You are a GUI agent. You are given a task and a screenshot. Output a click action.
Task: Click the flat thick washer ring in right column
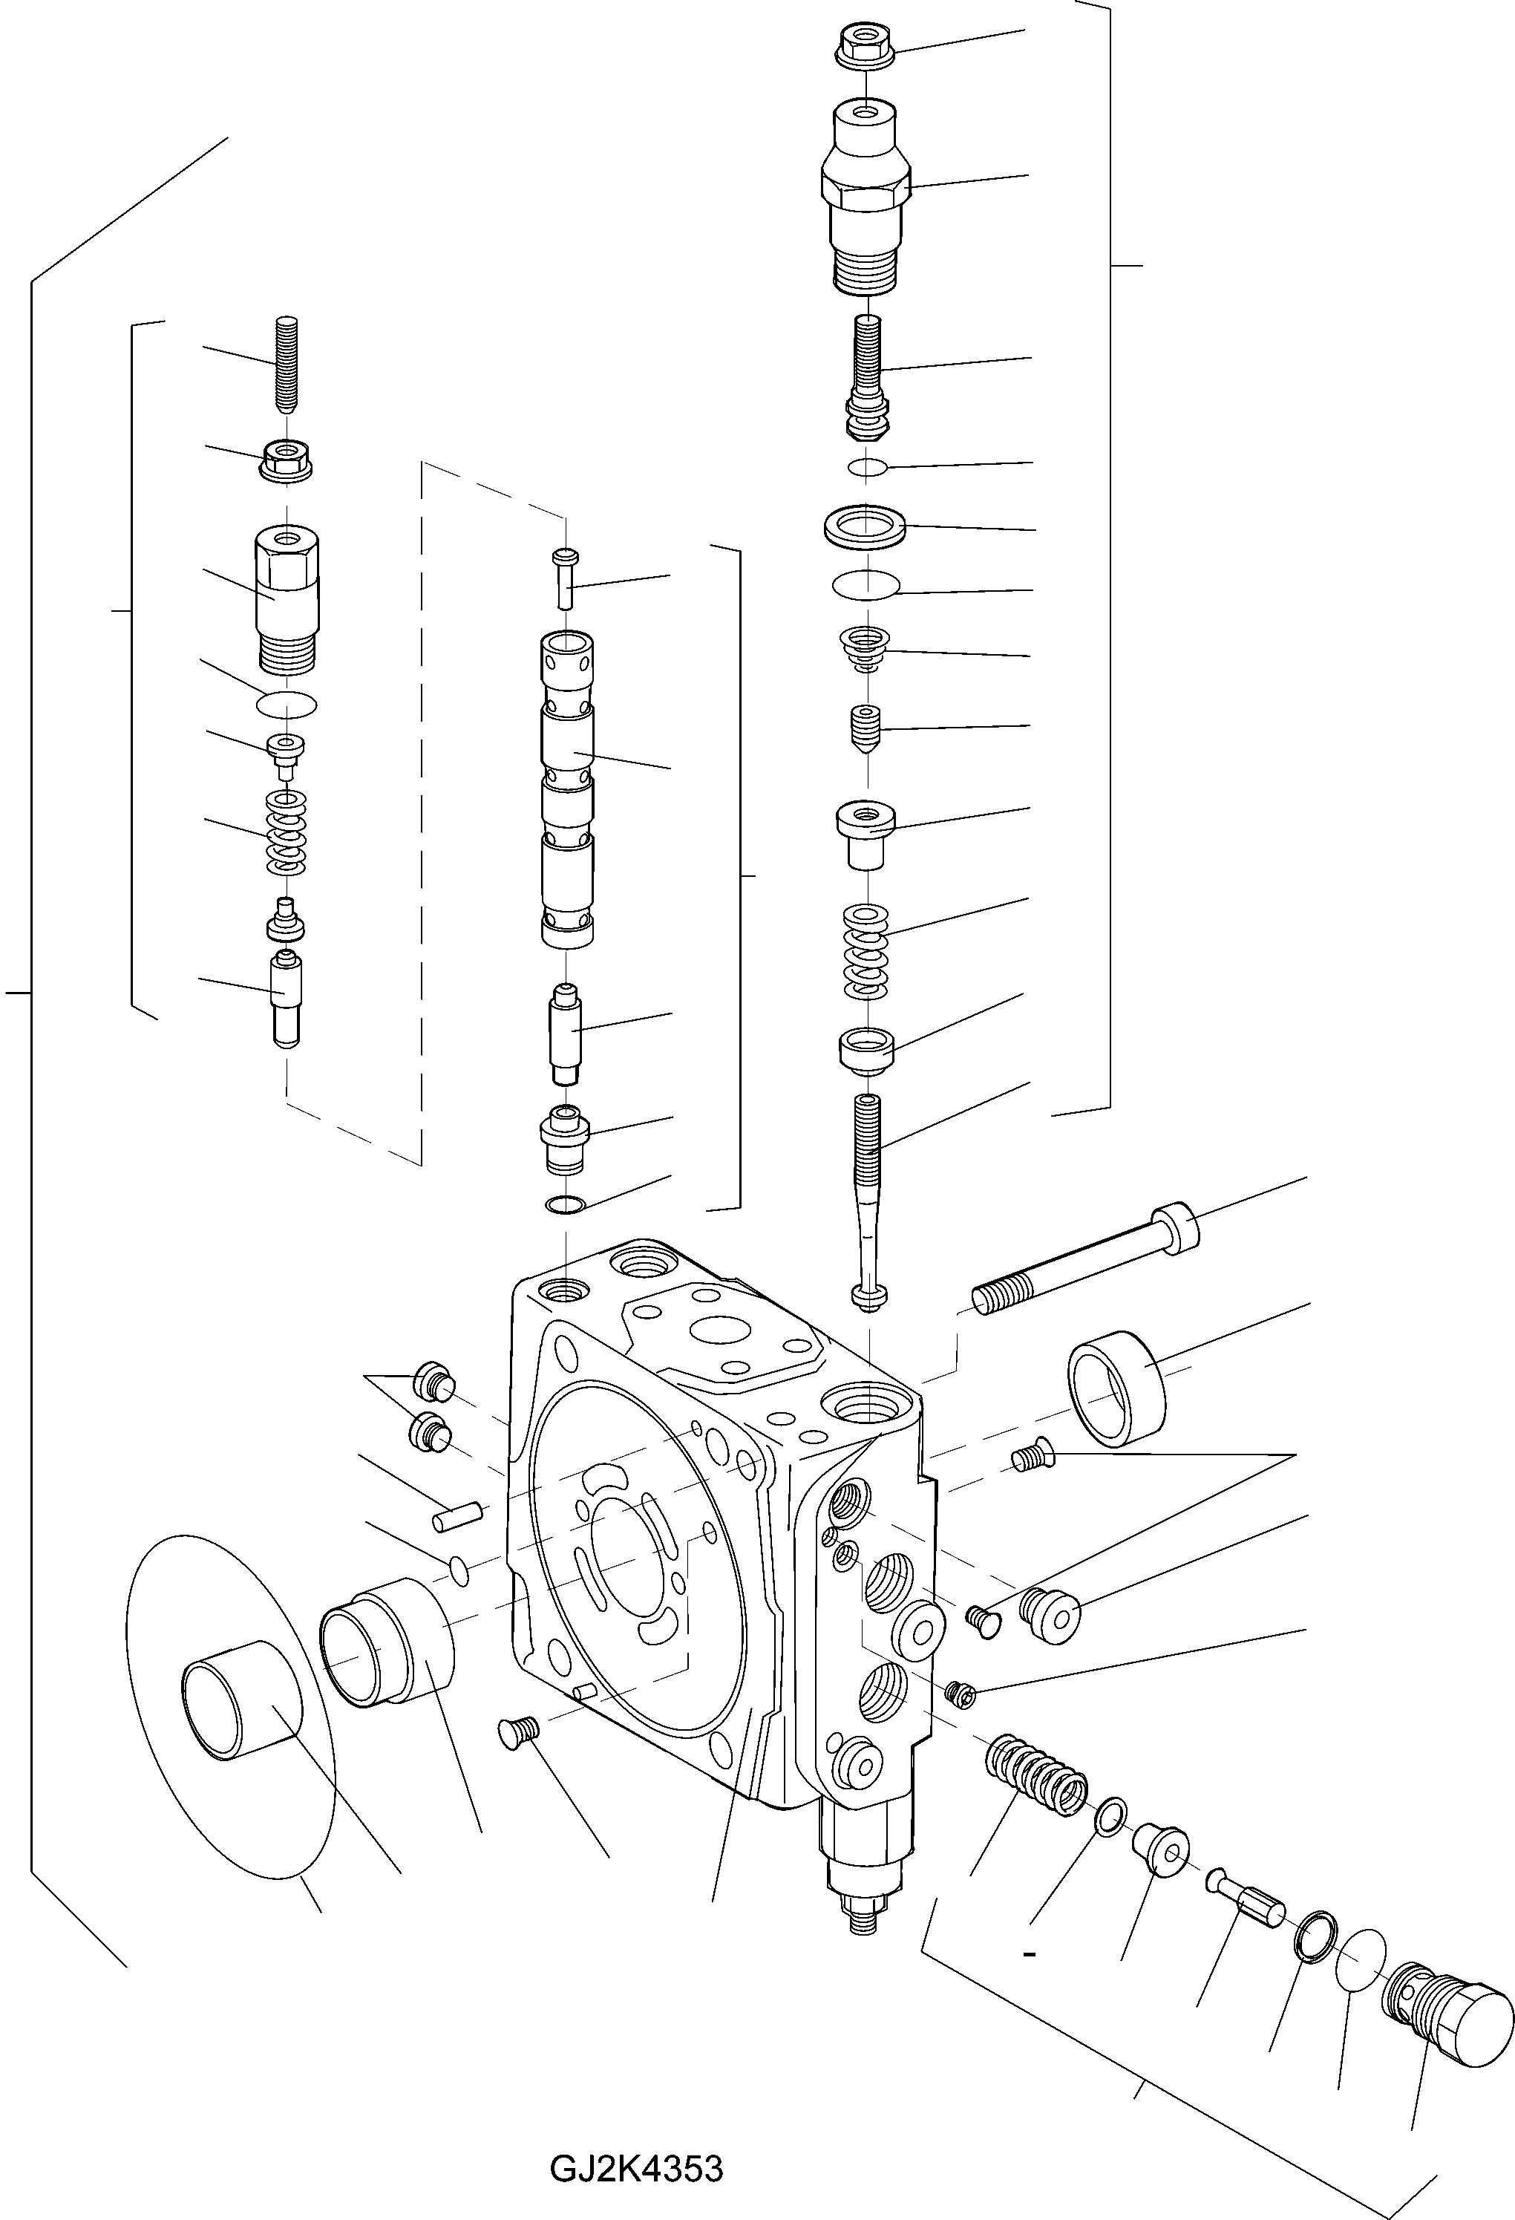(x=865, y=526)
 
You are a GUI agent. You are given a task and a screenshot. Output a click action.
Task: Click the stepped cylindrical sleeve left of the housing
(x=387, y=1645)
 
